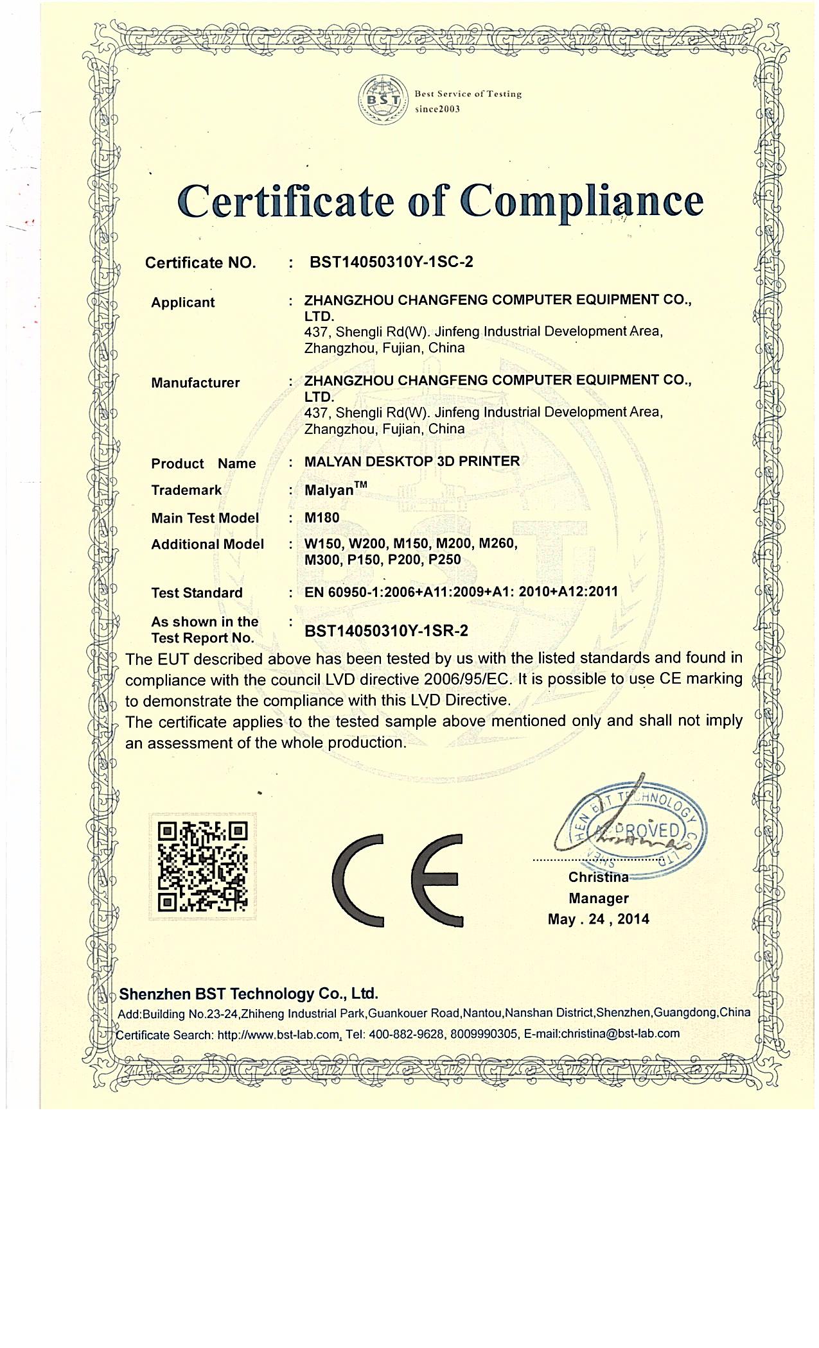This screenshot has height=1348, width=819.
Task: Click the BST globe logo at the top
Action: pyautogui.click(x=383, y=100)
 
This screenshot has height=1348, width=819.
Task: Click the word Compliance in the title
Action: pyautogui.click(x=581, y=202)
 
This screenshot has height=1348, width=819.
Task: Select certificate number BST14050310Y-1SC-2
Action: pyautogui.click(x=391, y=262)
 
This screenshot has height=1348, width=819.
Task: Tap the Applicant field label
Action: pyautogui.click(x=183, y=302)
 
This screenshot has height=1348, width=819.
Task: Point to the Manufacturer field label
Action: pyautogui.click(x=195, y=383)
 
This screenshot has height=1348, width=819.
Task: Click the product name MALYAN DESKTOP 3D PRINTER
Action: pyautogui.click(x=412, y=462)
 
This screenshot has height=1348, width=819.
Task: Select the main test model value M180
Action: pyautogui.click(x=322, y=517)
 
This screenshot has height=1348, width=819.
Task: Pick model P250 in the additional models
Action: pyautogui.click(x=445, y=560)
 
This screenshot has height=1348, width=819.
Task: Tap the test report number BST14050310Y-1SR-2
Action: pyautogui.click(x=386, y=630)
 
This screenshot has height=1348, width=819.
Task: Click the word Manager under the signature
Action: pyautogui.click(x=598, y=898)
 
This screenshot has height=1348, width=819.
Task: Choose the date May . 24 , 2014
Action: pyautogui.click(x=598, y=919)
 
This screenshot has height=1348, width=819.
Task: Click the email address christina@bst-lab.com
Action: pyautogui.click(x=619, y=1033)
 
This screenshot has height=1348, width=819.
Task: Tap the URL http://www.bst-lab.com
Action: pyautogui.click(x=278, y=1035)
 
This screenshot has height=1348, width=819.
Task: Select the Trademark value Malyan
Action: pyautogui.click(x=330, y=490)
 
